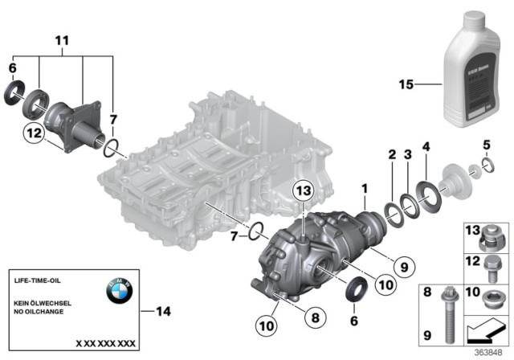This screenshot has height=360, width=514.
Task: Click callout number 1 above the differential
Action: [364, 188]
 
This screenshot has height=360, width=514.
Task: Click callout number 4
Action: [426, 146]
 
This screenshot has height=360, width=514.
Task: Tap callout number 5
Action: [486, 145]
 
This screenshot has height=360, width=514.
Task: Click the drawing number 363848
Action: [486, 350]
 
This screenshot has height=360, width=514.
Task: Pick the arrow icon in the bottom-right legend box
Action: [486, 329]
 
